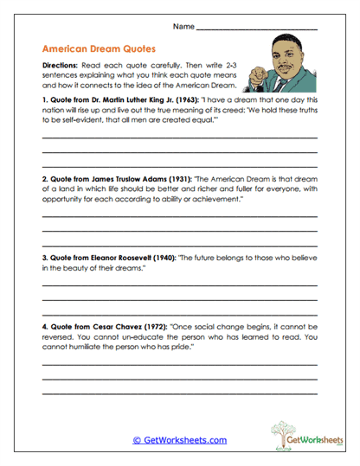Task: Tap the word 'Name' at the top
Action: [x=183, y=28]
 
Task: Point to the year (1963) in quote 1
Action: [x=189, y=100]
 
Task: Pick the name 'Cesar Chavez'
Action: [x=112, y=327]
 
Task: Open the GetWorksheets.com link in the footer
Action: [x=179, y=440]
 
